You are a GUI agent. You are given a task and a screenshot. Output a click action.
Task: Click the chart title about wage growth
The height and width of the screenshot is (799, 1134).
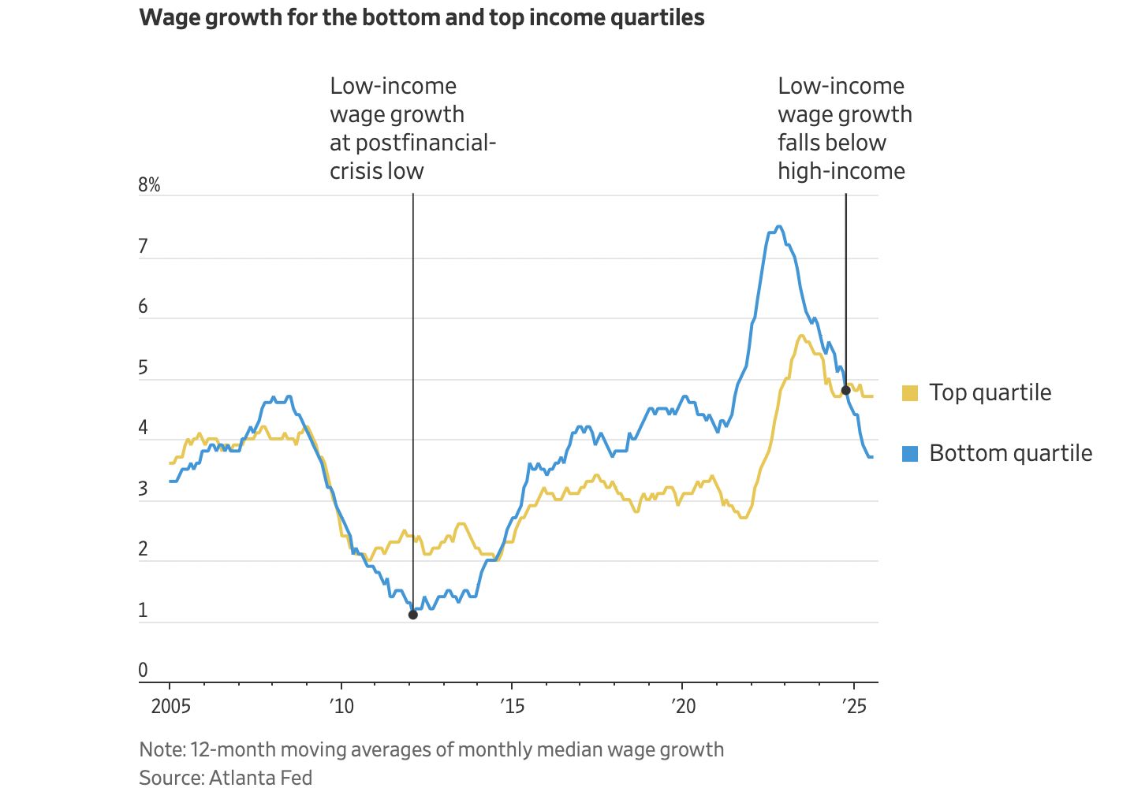click(421, 17)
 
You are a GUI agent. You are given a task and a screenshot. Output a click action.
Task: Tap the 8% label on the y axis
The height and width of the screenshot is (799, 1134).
click(149, 185)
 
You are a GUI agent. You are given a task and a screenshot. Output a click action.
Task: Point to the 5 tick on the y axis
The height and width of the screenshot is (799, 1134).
click(143, 368)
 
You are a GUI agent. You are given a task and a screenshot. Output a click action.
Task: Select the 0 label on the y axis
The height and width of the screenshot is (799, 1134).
click(143, 670)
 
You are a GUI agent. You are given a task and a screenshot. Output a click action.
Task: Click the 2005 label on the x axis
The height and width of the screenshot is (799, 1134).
click(170, 705)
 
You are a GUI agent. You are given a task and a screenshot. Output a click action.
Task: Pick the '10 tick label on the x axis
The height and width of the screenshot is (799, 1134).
click(341, 705)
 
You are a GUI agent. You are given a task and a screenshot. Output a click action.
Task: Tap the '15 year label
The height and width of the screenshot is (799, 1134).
click(512, 705)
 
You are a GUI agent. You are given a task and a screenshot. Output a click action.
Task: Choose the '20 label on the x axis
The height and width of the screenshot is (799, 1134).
click(683, 705)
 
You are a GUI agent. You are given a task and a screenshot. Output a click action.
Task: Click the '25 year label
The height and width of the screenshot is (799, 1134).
click(853, 705)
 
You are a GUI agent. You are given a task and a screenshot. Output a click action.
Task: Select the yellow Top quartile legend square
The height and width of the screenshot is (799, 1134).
click(910, 392)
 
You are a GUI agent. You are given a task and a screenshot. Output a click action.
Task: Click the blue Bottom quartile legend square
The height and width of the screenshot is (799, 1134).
click(910, 453)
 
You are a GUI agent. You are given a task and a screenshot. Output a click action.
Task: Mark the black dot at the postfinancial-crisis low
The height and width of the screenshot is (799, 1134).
click(412, 615)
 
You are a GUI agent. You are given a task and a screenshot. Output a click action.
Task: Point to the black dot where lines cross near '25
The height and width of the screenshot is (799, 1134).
click(846, 390)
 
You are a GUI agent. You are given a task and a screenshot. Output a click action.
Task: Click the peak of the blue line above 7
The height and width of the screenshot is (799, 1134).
click(779, 227)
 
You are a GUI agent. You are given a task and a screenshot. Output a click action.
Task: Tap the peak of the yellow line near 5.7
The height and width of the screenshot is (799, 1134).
click(801, 336)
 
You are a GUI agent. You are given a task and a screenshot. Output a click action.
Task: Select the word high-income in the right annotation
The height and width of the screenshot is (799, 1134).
click(841, 171)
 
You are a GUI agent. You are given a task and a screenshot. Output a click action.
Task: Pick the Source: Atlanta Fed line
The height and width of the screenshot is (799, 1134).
click(226, 778)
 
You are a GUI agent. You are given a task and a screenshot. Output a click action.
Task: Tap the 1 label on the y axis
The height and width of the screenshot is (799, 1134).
click(143, 610)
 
